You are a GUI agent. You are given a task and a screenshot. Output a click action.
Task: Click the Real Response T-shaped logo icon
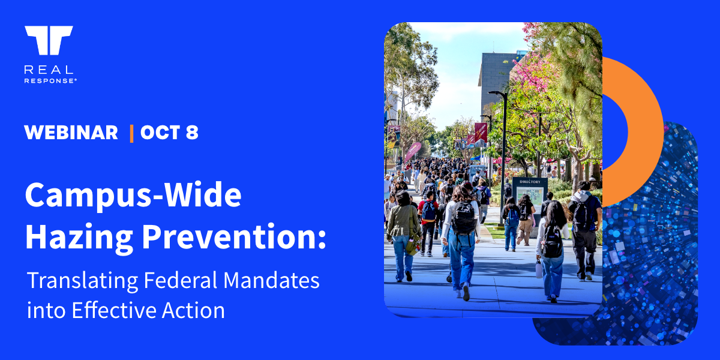click(x=49, y=40)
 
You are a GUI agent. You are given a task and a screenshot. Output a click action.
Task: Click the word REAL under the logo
click(x=49, y=70)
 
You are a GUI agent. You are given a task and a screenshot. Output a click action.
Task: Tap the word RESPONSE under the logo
click(x=50, y=80)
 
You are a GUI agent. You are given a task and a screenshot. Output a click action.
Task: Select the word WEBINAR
click(x=71, y=133)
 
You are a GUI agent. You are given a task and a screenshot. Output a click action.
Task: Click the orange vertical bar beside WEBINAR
click(x=131, y=133)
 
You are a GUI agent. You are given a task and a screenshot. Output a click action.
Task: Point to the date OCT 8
click(x=169, y=133)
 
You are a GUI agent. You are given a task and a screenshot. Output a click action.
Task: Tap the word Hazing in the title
click(x=79, y=237)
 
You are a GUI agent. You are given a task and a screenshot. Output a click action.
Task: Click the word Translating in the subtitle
click(x=83, y=281)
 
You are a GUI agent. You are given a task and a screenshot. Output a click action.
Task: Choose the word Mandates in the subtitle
click(x=271, y=280)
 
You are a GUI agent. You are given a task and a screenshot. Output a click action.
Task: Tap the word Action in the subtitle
click(x=193, y=311)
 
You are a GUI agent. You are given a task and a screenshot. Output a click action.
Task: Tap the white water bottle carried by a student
click(x=539, y=269)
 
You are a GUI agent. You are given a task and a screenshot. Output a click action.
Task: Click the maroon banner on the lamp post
click(x=481, y=132)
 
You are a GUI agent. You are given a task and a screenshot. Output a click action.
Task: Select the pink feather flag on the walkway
click(x=412, y=151)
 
